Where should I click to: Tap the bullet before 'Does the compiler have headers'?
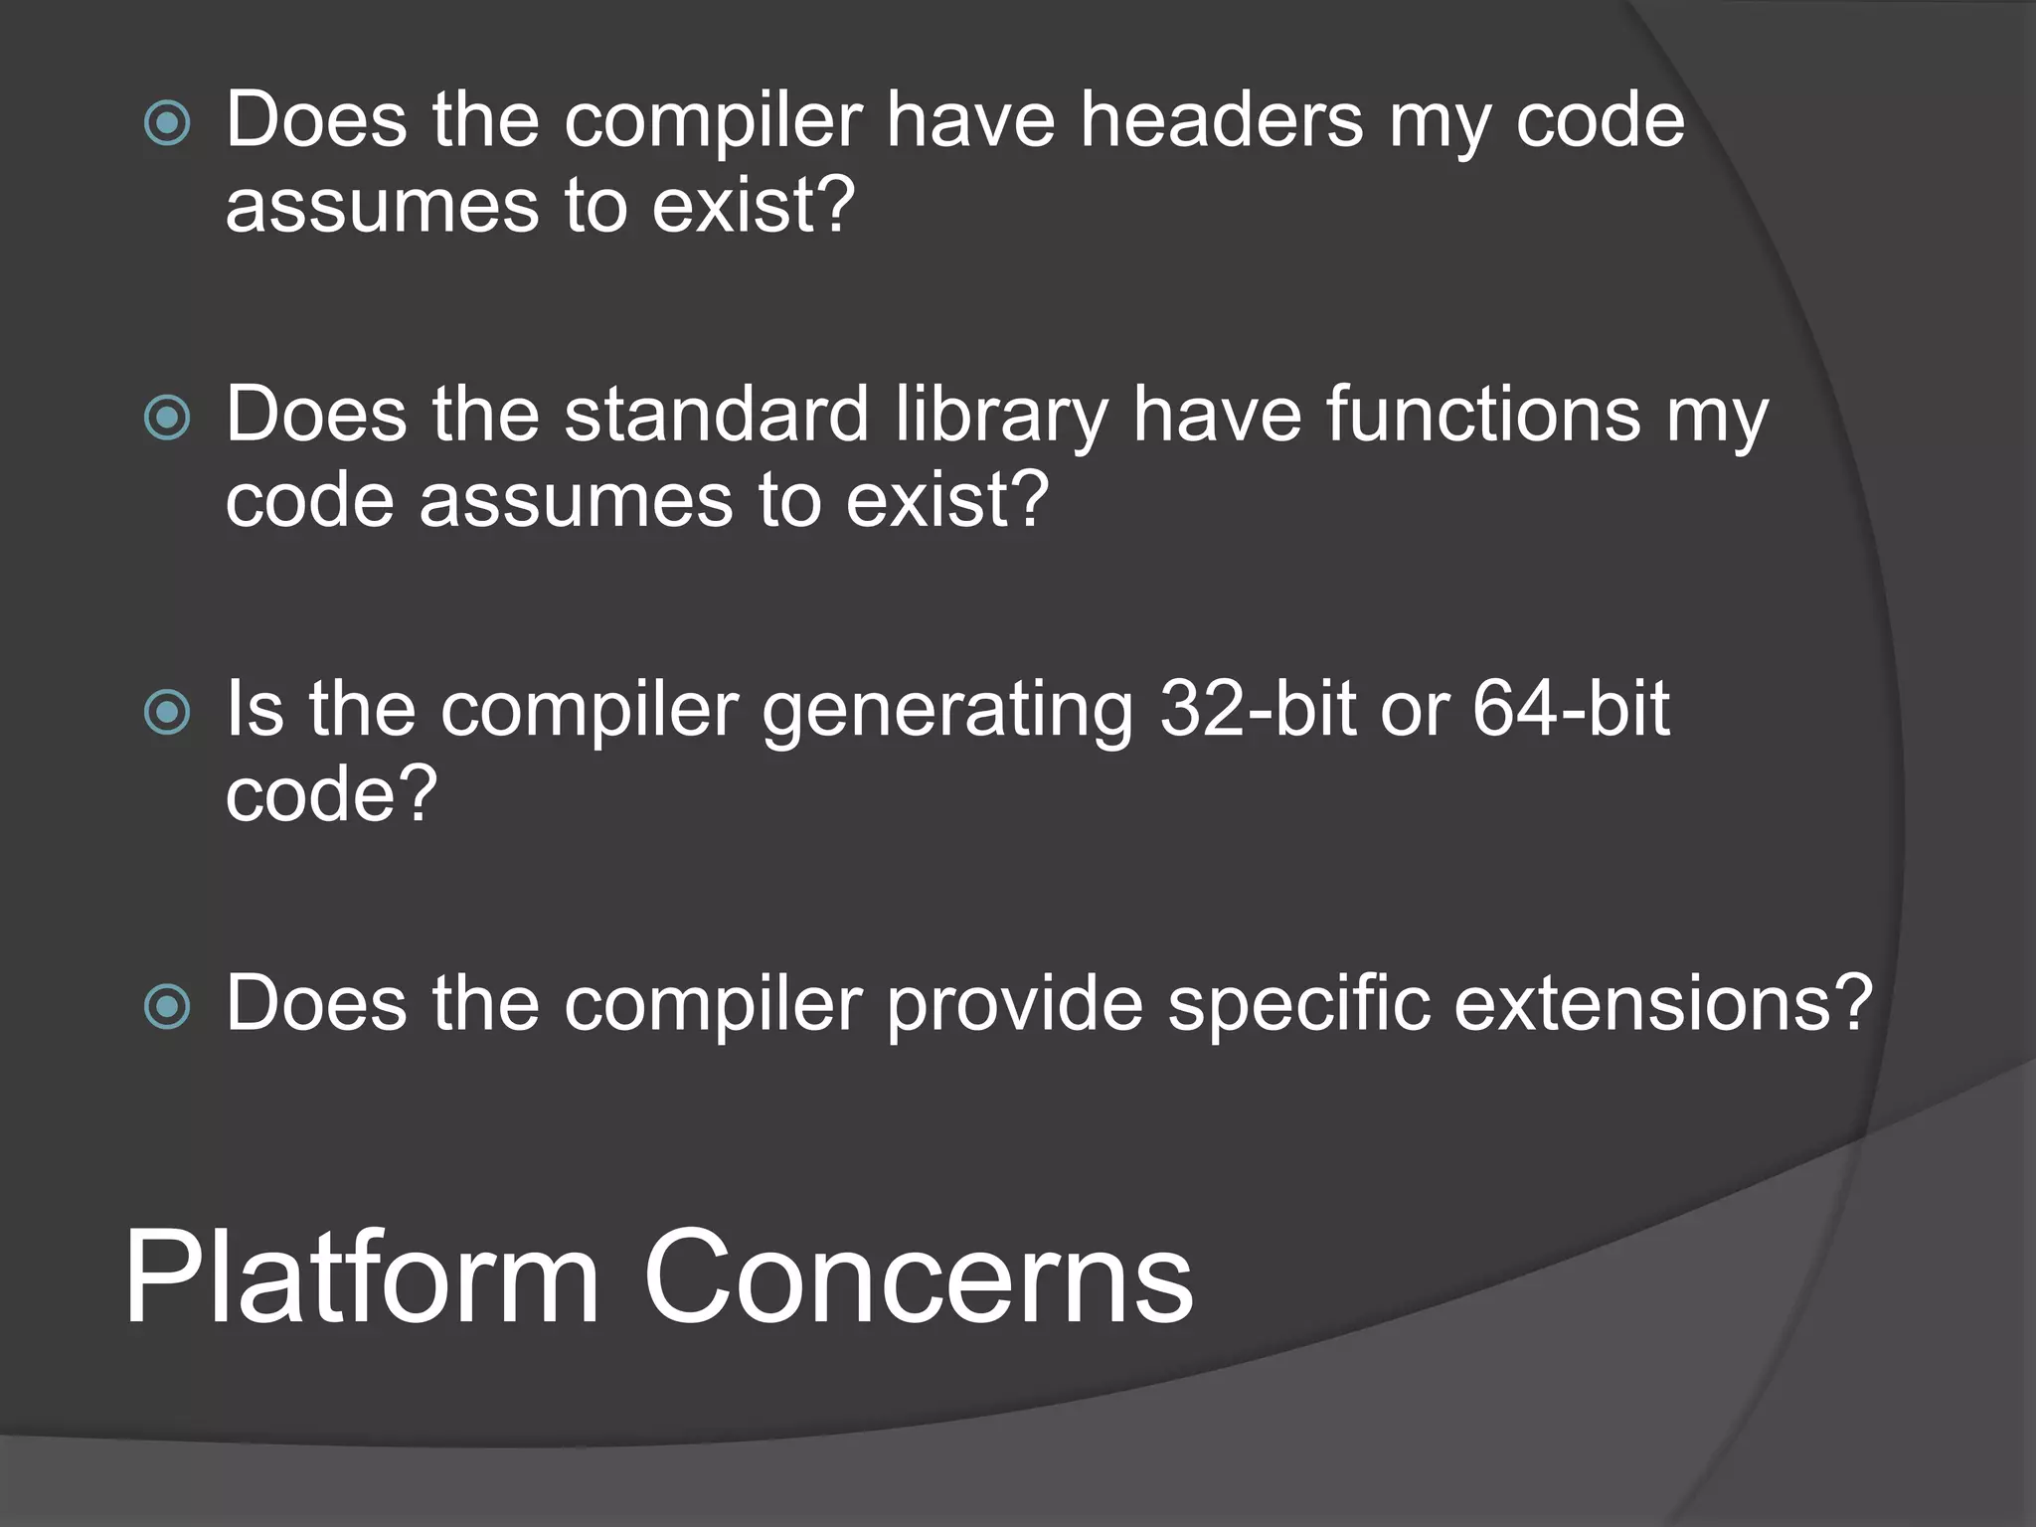[167, 124]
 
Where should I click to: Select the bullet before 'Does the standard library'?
[167, 419]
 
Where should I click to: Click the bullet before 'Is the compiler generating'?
[167, 713]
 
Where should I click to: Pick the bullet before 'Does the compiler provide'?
[167, 1007]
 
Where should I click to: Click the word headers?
[1222, 120]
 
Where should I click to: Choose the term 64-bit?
[1570, 709]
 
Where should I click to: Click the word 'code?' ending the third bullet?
[331, 794]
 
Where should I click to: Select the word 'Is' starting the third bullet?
[254, 709]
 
